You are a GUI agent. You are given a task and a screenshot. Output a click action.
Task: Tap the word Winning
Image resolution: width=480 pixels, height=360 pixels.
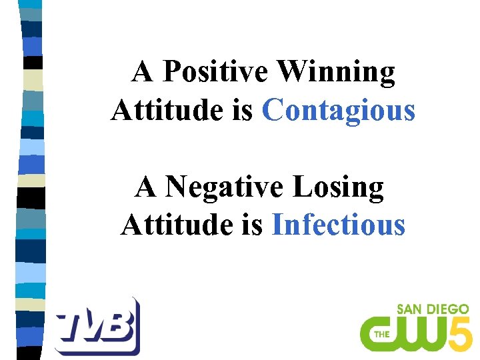click(x=336, y=72)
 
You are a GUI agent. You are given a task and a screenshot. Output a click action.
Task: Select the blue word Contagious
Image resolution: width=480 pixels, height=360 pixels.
click(x=339, y=110)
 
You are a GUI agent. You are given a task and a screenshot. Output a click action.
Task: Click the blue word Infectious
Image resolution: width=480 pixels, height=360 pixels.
click(x=339, y=225)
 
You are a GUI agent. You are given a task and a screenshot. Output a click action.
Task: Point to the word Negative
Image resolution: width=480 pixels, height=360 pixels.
click(x=226, y=187)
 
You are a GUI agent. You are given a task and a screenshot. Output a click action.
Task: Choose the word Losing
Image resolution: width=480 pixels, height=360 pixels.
click(x=339, y=187)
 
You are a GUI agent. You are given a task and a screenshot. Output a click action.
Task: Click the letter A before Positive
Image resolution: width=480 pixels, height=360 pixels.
click(x=143, y=72)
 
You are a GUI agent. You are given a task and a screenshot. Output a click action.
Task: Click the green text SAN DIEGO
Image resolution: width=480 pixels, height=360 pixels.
click(x=433, y=309)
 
